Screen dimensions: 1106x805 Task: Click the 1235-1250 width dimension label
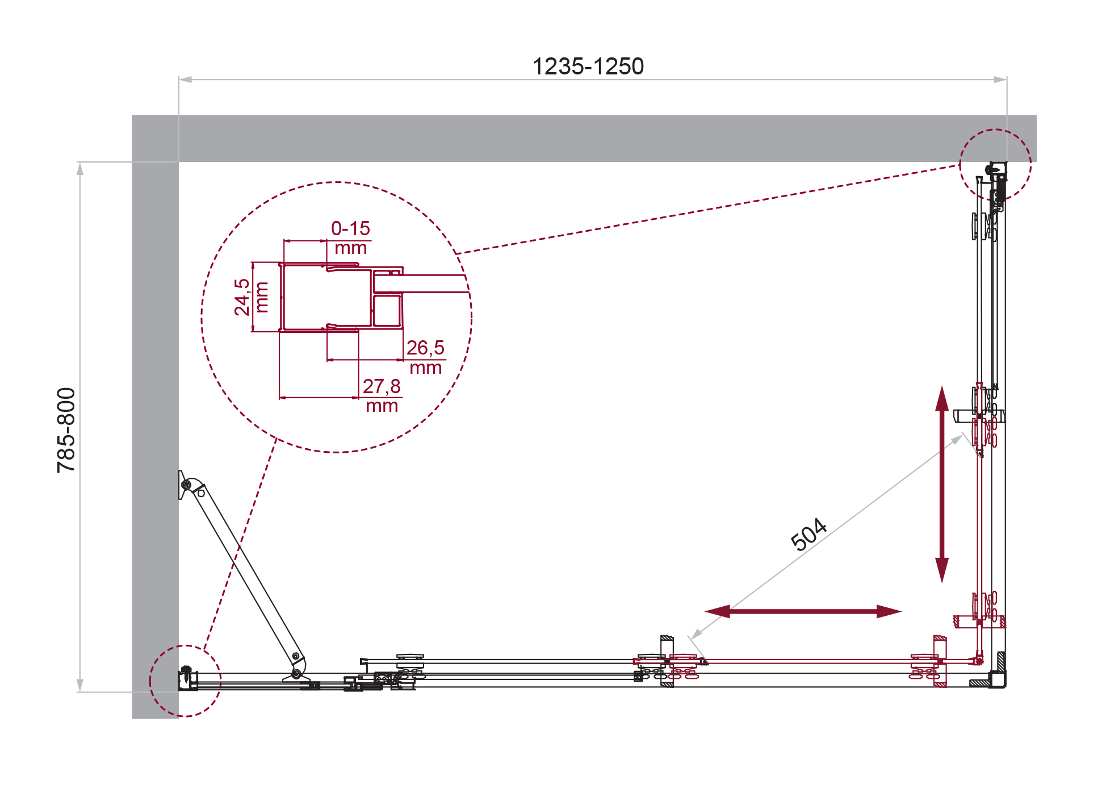click(588, 66)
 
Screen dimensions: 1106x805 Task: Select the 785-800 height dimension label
click(66, 430)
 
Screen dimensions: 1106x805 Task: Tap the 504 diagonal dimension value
click(808, 534)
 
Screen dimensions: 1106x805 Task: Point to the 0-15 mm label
click(351, 237)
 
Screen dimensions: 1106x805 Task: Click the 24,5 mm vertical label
click(250, 297)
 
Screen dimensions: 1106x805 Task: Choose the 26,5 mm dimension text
click(425, 357)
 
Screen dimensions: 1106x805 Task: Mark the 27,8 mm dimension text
click(382, 395)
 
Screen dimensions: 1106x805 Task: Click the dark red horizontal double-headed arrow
click(803, 611)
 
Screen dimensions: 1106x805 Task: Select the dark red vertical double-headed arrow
click(942, 484)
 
